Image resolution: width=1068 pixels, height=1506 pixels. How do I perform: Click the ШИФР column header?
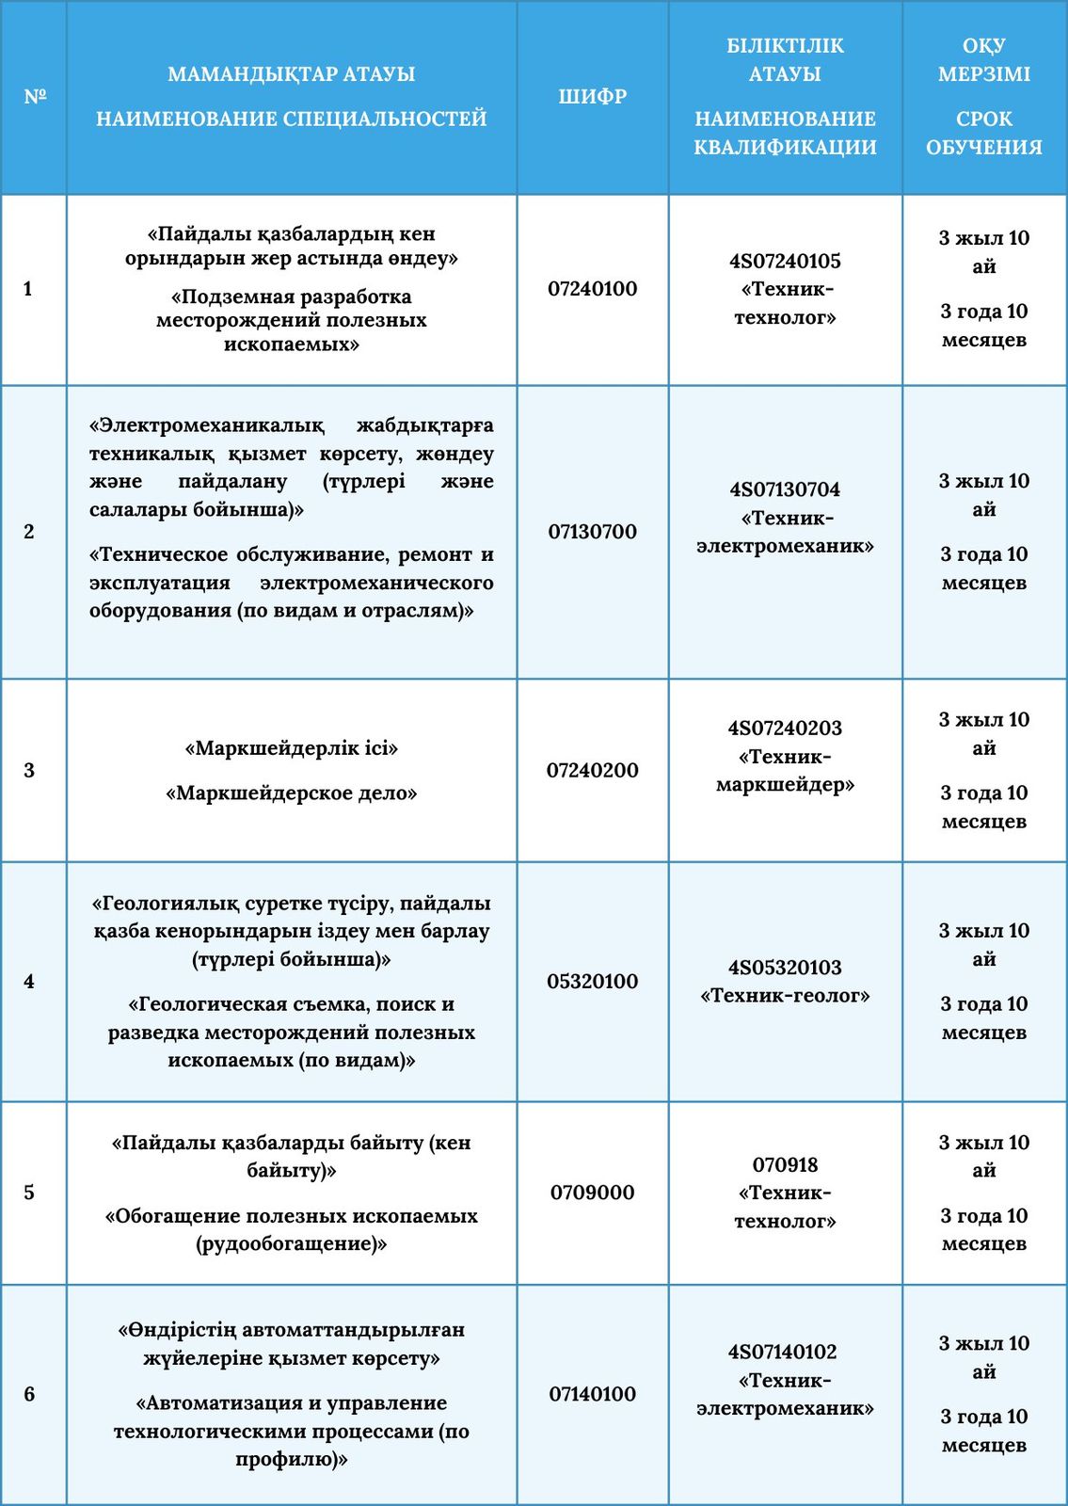coord(592,96)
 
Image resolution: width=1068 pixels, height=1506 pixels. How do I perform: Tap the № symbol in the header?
coord(35,96)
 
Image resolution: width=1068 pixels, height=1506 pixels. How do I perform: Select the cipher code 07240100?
coord(592,289)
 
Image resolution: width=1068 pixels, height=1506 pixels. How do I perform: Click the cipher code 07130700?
coord(592,532)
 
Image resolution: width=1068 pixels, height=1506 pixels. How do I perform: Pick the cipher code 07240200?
coord(592,771)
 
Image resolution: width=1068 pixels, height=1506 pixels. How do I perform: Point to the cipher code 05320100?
coord(592,982)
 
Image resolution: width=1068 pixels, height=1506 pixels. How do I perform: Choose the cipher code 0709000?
coord(592,1193)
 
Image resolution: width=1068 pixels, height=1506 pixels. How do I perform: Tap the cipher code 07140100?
coord(592,1394)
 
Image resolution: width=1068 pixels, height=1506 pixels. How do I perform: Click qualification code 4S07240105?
coord(785,261)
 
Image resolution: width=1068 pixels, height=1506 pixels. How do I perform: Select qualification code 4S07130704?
coord(785,489)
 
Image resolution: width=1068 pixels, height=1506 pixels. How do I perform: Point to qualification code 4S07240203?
coord(785,729)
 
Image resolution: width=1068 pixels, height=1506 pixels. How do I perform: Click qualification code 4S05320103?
coord(785,968)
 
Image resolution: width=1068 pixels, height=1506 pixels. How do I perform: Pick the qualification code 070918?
coord(785,1165)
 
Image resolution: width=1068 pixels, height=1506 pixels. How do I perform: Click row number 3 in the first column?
coord(29,771)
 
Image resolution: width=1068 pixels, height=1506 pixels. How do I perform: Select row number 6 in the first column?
coord(29,1394)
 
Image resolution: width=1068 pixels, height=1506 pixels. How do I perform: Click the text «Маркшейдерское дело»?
coord(292,793)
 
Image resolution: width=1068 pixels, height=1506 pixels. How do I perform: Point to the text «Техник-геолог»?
coord(785,996)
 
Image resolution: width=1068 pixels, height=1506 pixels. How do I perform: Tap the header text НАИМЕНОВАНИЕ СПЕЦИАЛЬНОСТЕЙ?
coord(292,120)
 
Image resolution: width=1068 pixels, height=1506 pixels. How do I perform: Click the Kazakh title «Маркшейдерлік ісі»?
coord(292,749)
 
